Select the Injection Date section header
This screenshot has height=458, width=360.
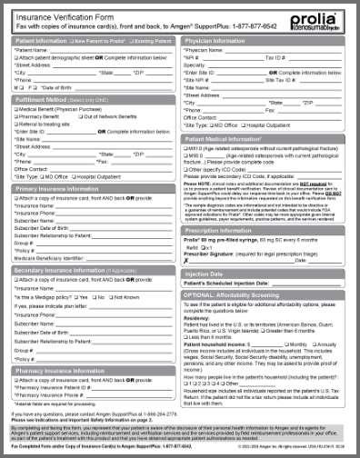point(210,273)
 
